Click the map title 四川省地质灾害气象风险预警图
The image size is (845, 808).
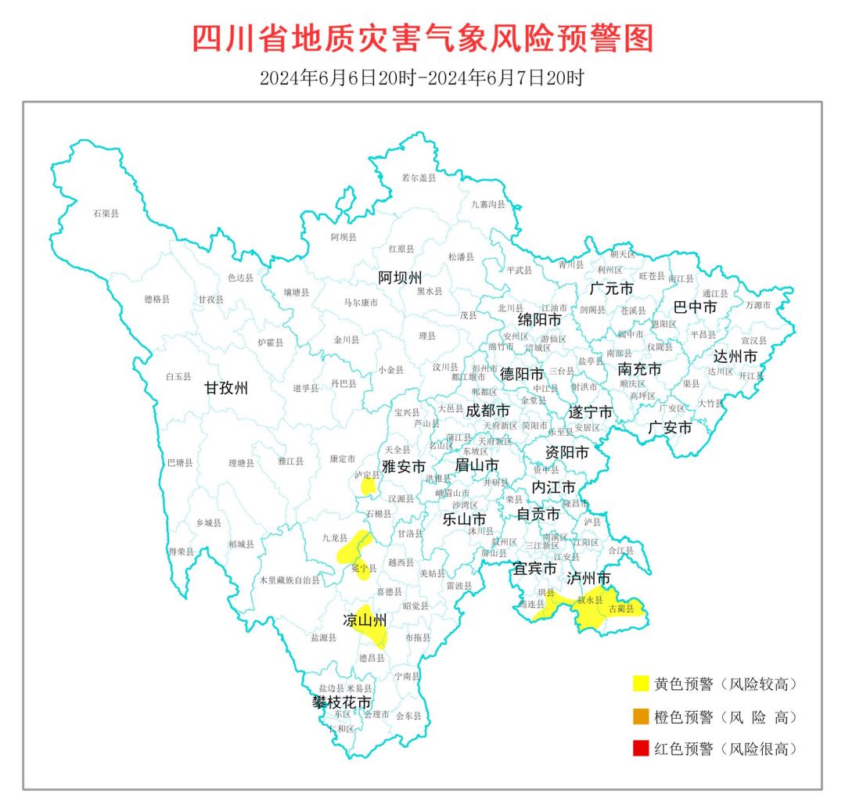(x=422, y=38)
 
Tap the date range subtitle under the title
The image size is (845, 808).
(x=422, y=79)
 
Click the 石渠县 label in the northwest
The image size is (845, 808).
(x=106, y=214)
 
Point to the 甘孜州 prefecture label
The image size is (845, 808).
(x=226, y=387)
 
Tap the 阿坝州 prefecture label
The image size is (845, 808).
(x=400, y=278)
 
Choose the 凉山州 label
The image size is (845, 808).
(x=365, y=621)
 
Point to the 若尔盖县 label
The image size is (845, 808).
(x=418, y=178)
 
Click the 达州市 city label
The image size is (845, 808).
(x=735, y=357)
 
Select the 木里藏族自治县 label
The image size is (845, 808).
(x=289, y=580)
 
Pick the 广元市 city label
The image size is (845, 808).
(x=611, y=289)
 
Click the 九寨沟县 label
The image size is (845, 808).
(x=487, y=204)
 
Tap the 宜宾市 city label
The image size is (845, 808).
(x=535, y=568)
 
